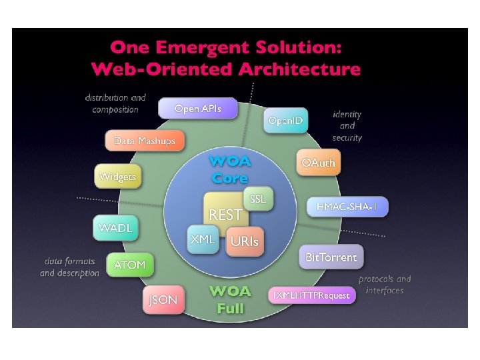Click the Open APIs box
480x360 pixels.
coord(197,108)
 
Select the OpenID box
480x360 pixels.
coord(285,121)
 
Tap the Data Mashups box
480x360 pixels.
coord(145,141)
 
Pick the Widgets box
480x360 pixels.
coord(117,177)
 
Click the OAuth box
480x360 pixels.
coord(318,163)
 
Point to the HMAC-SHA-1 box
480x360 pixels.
coord(347,207)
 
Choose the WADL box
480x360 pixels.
coord(115,228)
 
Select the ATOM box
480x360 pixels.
coord(129,265)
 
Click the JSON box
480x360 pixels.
coord(163,300)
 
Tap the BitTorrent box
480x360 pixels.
coord(331,257)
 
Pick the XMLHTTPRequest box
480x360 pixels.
coord(311,295)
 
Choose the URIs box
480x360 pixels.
coord(244,242)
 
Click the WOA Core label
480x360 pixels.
coord(229,170)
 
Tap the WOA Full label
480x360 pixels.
coord(230,300)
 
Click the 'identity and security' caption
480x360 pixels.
coord(347,126)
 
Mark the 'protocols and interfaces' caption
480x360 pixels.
coord(385,285)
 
